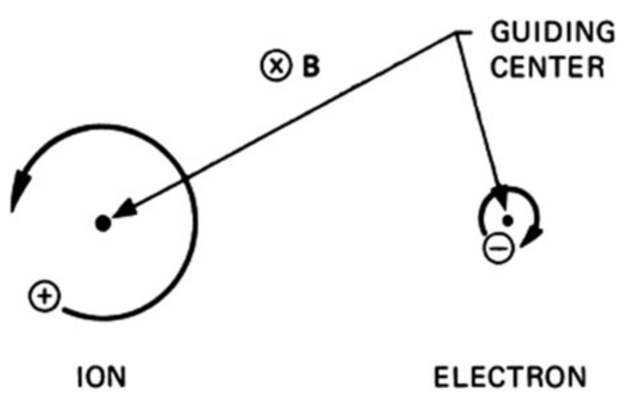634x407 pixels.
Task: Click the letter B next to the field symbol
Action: (312, 67)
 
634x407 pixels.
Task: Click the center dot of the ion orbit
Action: (102, 223)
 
